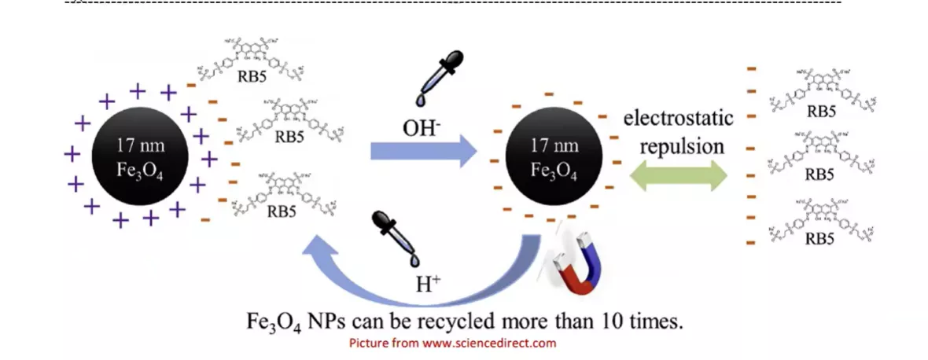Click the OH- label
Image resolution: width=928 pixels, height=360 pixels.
coord(421,129)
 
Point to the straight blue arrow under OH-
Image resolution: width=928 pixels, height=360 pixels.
coord(423,151)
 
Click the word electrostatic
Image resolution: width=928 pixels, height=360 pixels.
coord(678,119)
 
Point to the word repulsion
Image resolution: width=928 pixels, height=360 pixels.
coord(681,146)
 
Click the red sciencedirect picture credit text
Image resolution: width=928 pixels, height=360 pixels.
coord(452,343)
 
